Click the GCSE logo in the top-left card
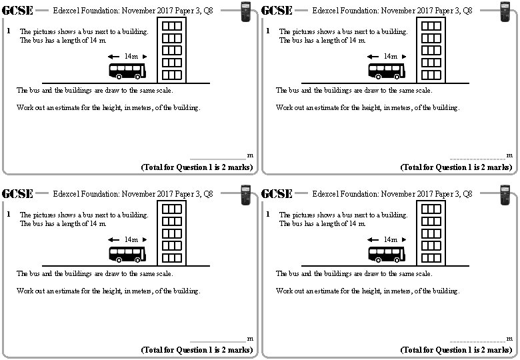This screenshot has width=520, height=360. coord(19,11)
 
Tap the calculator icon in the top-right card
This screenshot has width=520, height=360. coord(505,12)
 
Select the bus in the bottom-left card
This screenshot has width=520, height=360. coord(127,254)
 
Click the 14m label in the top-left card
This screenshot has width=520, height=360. coord(131,57)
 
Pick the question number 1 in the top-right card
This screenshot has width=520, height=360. coord(267,31)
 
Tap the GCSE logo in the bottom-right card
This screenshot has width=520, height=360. coord(277,194)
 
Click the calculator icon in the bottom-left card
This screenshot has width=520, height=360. coord(246,195)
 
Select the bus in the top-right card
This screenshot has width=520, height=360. coord(387,71)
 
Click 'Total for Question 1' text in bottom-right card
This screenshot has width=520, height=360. coord(456,350)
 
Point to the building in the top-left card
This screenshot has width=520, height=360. coord(172,50)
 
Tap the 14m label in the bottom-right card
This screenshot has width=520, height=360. coord(391,240)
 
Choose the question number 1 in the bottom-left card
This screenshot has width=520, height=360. coord(8,215)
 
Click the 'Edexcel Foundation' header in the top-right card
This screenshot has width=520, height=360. coord(392,11)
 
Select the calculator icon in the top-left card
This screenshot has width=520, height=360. coord(246,12)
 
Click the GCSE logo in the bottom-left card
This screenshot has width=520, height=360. coord(19,194)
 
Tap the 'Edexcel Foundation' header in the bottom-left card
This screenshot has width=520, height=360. coord(133,194)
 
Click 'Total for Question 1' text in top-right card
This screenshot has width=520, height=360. coord(456,167)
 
